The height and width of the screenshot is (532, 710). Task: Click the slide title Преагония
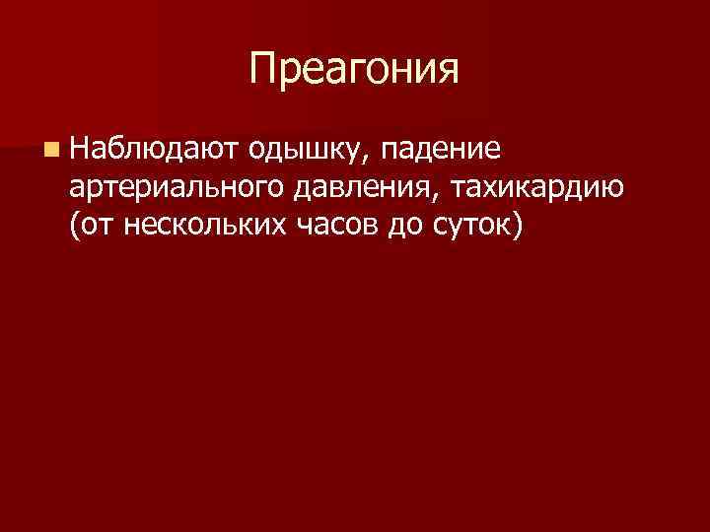click(354, 69)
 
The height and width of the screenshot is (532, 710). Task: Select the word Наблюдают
click(151, 149)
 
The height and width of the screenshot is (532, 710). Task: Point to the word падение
click(441, 150)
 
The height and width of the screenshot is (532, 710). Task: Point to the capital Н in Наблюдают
click(80, 149)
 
